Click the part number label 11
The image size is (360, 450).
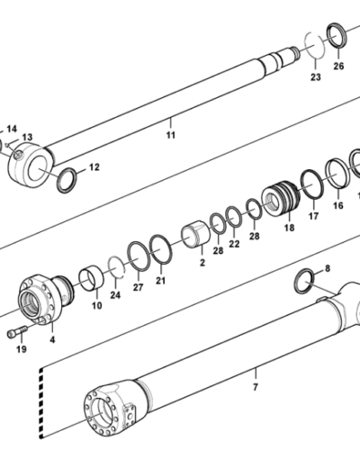point(171,135)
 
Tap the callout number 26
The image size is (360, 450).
point(338,66)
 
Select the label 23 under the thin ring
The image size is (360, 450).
point(316,77)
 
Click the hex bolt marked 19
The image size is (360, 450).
point(17,332)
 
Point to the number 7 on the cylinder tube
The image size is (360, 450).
point(256,387)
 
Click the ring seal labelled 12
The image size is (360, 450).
point(67,180)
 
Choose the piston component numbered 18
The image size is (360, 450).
point(281,198)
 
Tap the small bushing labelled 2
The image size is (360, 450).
point(195,234)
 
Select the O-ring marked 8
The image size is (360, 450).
point(304,282)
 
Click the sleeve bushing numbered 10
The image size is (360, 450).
point(92,278)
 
